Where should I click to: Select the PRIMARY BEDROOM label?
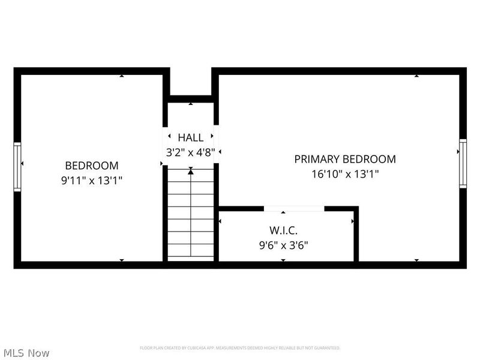point(344,159)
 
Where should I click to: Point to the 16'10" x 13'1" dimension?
point(344,174)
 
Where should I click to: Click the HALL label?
point(190,137)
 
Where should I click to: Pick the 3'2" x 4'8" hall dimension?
point(190,152)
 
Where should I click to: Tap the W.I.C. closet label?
point(283,230)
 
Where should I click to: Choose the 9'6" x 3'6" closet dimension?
point(283,245)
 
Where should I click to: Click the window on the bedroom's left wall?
point(17,166)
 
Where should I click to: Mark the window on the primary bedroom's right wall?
point(463,163)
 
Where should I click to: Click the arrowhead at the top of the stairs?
point(191,172)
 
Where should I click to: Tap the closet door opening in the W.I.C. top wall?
point(294,209)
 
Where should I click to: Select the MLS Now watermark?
point(26,353)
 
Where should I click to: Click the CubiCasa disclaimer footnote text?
point(240,348)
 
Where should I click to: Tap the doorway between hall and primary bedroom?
point(217,144)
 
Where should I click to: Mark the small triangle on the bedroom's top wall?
point(122,76)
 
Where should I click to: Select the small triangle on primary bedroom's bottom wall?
point(416,260)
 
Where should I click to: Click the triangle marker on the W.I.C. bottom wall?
point(283,260)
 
